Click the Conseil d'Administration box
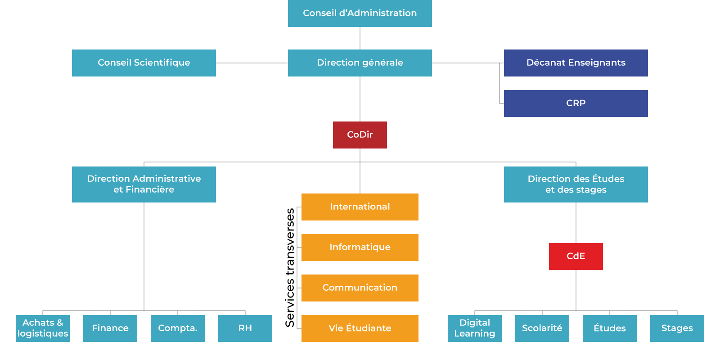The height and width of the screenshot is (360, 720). tap(360, 13)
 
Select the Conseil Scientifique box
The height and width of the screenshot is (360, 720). tap(144, 63)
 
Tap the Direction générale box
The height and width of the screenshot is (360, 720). tap(360, 63)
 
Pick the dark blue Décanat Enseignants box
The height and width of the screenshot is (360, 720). tap(576, 63)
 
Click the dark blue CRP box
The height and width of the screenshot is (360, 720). tap(576, 103)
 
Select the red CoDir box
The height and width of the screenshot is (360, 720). tap(360, 135)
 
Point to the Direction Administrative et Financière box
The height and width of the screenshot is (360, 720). tap(144, 184)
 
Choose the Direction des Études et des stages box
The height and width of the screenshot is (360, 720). tap(576, 184)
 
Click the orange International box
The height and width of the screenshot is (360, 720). tap(360, 207)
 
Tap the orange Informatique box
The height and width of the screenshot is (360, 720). tap(360, 247)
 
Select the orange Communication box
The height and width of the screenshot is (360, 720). tap(360, 288)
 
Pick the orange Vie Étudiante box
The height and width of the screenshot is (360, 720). tap(360, 328)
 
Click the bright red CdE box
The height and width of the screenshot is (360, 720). tap(576, 256)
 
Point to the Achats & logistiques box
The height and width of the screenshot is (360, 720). tap(43, 328)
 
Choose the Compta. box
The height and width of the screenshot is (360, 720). tap(178, 328)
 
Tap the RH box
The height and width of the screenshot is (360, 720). tap(245, 328)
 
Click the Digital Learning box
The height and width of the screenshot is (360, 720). tap(475, 328)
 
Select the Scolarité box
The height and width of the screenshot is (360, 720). tap(542, 328)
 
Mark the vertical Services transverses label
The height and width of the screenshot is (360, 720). tap(290, 268)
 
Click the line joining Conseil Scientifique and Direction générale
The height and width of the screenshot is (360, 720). tap(252, 63)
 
